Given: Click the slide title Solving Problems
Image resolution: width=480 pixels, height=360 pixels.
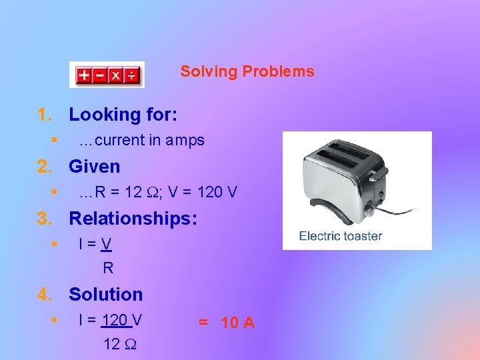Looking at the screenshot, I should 247,71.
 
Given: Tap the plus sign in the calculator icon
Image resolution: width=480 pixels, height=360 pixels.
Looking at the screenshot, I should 84,75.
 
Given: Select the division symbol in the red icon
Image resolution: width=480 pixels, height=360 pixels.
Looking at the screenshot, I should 132,75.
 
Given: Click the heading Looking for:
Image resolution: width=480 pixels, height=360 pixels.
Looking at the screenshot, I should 123,115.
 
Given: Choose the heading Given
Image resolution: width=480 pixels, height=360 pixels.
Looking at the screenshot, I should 95,166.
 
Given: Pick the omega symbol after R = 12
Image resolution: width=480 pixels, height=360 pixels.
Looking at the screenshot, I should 151,193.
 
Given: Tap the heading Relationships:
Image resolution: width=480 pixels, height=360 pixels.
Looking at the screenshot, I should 133,218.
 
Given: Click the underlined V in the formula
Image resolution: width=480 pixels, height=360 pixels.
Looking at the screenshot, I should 107,245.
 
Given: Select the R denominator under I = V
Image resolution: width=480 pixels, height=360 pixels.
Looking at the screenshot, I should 108,268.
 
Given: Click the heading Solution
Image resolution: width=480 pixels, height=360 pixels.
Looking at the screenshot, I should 105,294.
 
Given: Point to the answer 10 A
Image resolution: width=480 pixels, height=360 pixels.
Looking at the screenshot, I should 237,323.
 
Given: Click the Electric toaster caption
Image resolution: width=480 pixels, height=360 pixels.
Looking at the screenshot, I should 340,235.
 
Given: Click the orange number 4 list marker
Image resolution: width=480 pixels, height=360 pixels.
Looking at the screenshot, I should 43,294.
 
